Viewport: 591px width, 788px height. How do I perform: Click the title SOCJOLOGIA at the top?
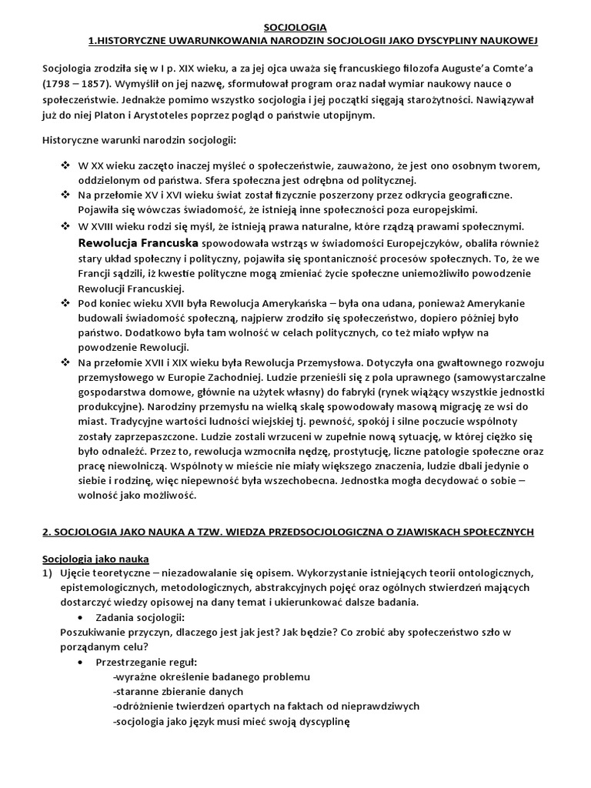295,27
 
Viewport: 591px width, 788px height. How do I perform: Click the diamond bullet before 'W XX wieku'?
65,166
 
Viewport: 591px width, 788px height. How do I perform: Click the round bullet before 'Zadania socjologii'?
82,617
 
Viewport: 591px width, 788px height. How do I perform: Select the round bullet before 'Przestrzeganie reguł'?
82,661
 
